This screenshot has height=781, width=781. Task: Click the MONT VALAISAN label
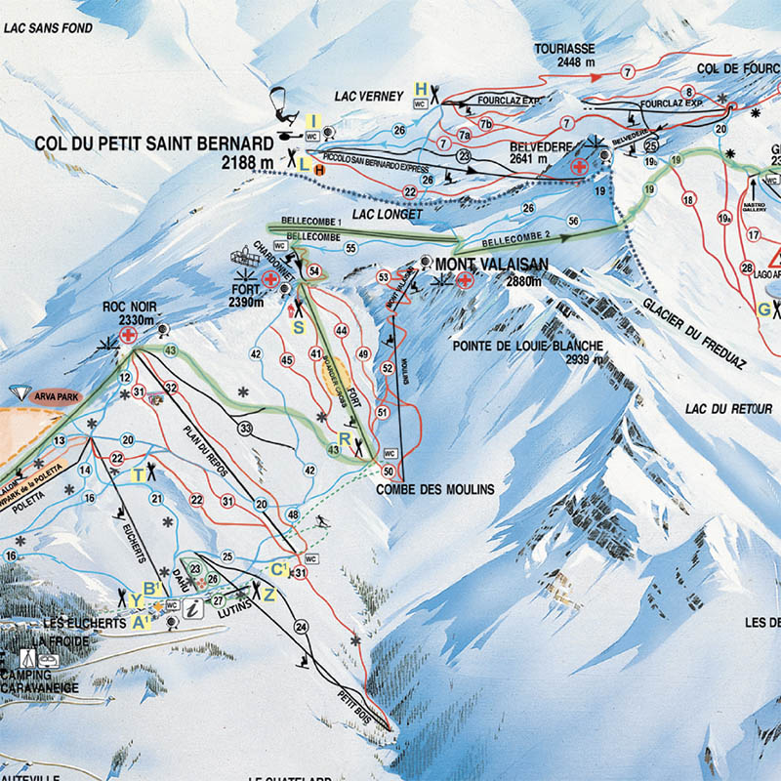[x=484, y=264]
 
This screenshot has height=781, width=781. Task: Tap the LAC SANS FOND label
[x=48, y=29]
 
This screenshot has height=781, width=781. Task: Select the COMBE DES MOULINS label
[x=435, y=489]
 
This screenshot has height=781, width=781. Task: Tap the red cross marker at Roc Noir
[x=127, y=335]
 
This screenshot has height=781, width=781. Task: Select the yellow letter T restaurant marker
[x=139, y=474]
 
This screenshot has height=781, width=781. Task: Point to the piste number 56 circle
[x=574, y=222]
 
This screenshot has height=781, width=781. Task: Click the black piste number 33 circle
[x=245, y=428]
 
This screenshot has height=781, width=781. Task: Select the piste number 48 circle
[x=292, y=514]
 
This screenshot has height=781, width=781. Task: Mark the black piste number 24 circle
[x=301, y=626]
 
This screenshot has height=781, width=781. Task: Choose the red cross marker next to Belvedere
[x=580, y=168]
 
